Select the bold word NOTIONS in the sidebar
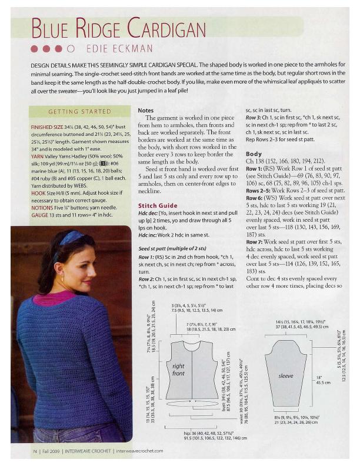(x=43, y=208)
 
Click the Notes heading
(x=146, y=110)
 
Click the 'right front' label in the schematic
(x=178, y=370)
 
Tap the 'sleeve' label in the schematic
(x=285, y=375)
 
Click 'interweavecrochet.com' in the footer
(x=139, y=451)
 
